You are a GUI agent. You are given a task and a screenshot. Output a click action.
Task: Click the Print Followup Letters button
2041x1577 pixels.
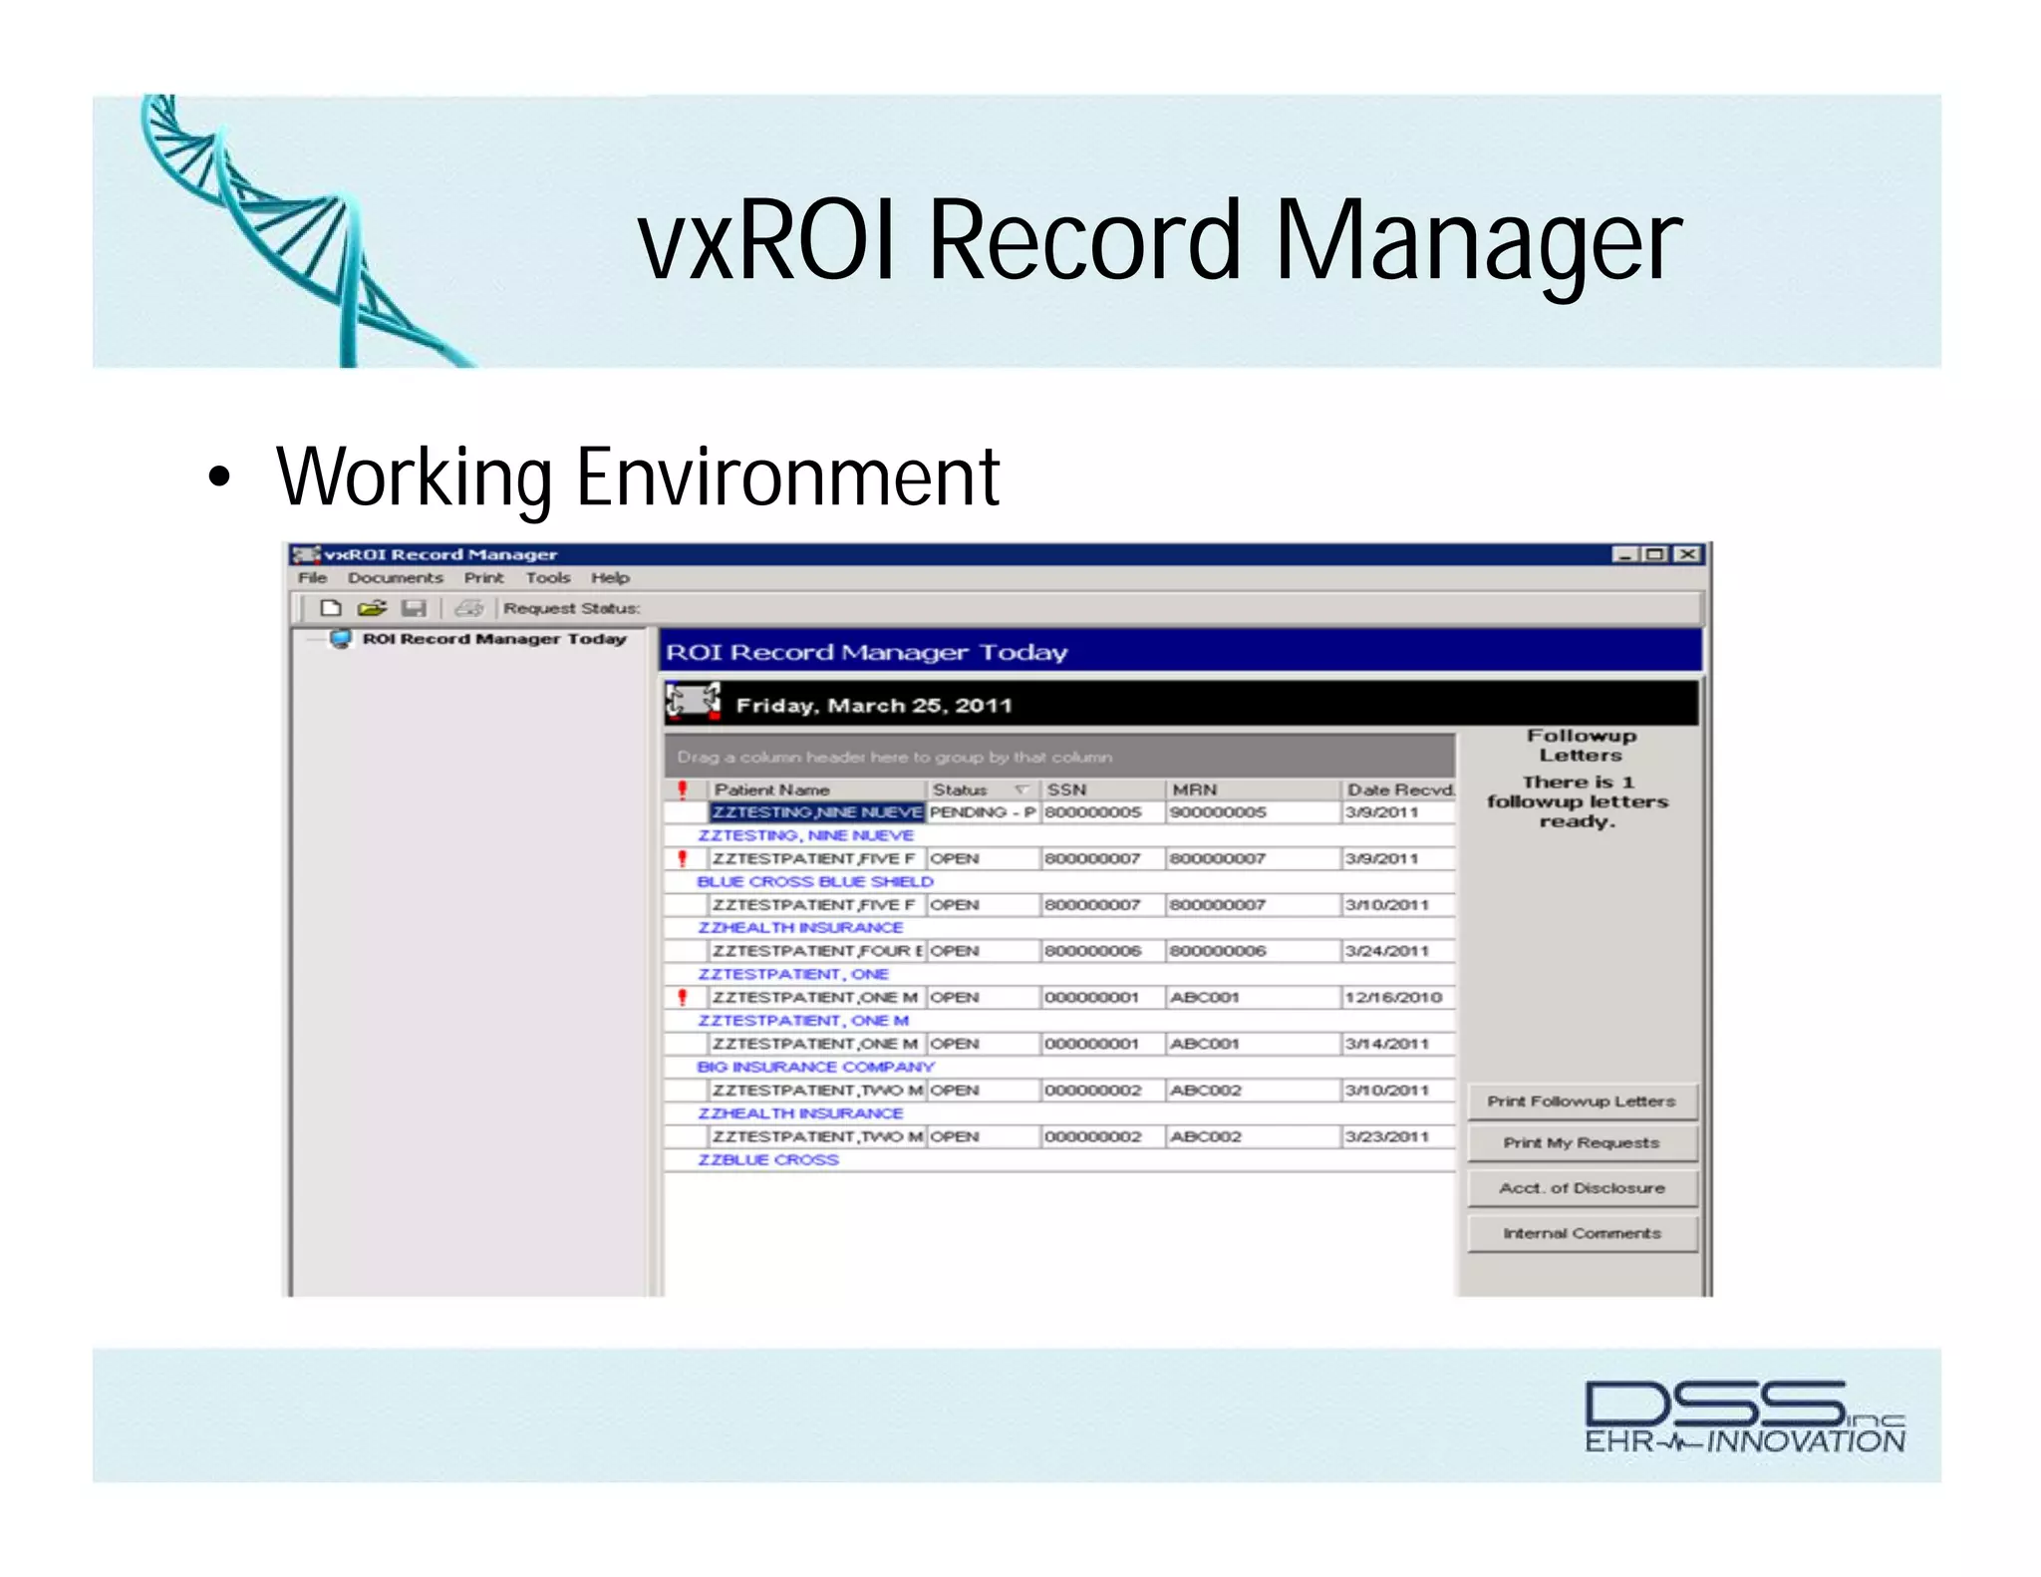[1581, 1102]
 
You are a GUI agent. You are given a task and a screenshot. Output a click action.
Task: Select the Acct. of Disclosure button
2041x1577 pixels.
[1581, 1188]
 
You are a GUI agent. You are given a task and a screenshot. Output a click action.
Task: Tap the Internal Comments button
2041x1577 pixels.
[1581, 1233]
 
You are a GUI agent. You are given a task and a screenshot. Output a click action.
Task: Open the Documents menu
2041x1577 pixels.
[395, 578]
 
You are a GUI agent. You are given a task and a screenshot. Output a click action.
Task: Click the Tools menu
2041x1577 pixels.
[547, 578]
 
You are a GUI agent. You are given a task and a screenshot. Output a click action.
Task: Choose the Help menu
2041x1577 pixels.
[609, 578]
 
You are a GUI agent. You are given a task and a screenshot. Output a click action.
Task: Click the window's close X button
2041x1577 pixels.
[1686, 554]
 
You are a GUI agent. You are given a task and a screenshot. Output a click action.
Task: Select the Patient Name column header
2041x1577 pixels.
[771, 789]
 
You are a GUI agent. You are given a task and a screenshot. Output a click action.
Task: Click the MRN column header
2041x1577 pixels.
[1194, 789]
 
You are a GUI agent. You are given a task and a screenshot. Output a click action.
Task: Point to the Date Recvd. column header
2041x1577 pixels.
[1399, 789]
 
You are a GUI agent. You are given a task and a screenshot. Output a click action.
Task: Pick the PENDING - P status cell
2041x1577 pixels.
[982, 812]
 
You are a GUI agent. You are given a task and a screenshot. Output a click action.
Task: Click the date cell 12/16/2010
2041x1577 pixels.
[1392, 998]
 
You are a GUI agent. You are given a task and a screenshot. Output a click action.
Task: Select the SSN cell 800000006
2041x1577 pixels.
[1092, 951]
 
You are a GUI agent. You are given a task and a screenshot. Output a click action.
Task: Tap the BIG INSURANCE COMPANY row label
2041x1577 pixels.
[815, 1067]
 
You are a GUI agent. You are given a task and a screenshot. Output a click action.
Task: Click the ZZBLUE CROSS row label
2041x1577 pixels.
[767, 1160]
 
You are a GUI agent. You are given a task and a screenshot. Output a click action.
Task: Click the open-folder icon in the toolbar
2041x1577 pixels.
[372, 608]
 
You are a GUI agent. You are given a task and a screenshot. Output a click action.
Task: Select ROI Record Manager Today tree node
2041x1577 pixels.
[493, 639]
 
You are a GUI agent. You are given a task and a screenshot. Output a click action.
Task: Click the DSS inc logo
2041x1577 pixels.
[1744, 1417]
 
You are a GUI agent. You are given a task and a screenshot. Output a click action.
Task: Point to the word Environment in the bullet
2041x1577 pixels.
[787, 477]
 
